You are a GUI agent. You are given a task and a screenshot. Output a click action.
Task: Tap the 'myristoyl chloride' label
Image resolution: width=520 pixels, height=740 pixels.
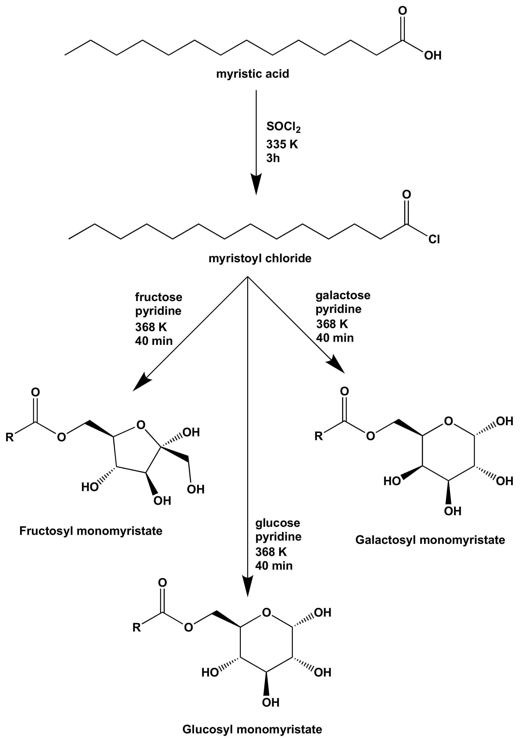tap(260, 258)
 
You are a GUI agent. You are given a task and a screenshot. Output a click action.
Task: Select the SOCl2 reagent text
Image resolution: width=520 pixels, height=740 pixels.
tap(283, 127)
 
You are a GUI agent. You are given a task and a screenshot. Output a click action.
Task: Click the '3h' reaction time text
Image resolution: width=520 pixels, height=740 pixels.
tap(273, 158)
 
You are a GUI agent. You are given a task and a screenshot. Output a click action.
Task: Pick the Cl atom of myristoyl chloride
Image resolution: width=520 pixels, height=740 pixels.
tap(434, 240)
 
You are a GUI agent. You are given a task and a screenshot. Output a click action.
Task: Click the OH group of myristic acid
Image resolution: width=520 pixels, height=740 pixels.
tap(433, 56)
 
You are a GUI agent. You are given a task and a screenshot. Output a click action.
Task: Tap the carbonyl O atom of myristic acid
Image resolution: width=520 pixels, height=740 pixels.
tap(402, 10)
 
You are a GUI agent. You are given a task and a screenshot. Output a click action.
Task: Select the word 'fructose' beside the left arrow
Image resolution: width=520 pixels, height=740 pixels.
tap(158, 297)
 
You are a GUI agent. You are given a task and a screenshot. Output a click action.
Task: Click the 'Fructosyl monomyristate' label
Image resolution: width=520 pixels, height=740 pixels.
tap(91, 531)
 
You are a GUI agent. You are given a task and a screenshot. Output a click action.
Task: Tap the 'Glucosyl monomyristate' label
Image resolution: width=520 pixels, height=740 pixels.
tap(252, 729)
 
